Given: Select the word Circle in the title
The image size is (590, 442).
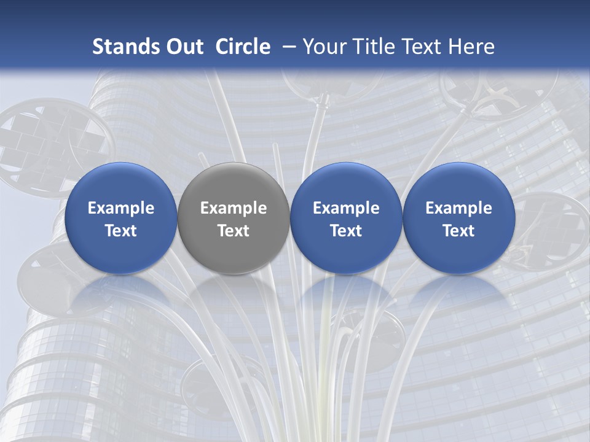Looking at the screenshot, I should pos(243,47).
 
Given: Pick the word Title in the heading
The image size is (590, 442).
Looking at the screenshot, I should pos(376,47).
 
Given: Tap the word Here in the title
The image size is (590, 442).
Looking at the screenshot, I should pos(471,47).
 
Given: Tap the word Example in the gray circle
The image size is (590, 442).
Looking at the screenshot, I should pos(234,208).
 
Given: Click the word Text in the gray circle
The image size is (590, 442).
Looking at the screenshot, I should pos(234,231).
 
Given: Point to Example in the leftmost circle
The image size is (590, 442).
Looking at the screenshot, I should pos(121,208).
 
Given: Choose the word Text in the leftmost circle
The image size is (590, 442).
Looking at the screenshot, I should pos(121,231).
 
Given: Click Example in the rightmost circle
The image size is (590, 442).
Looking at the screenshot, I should pos(458,208).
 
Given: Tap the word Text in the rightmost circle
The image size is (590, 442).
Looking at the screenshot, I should pos(458,231).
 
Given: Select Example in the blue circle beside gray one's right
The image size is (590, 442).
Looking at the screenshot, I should pos(346,208).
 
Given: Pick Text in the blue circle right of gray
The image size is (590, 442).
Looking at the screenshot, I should pos(346,231).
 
